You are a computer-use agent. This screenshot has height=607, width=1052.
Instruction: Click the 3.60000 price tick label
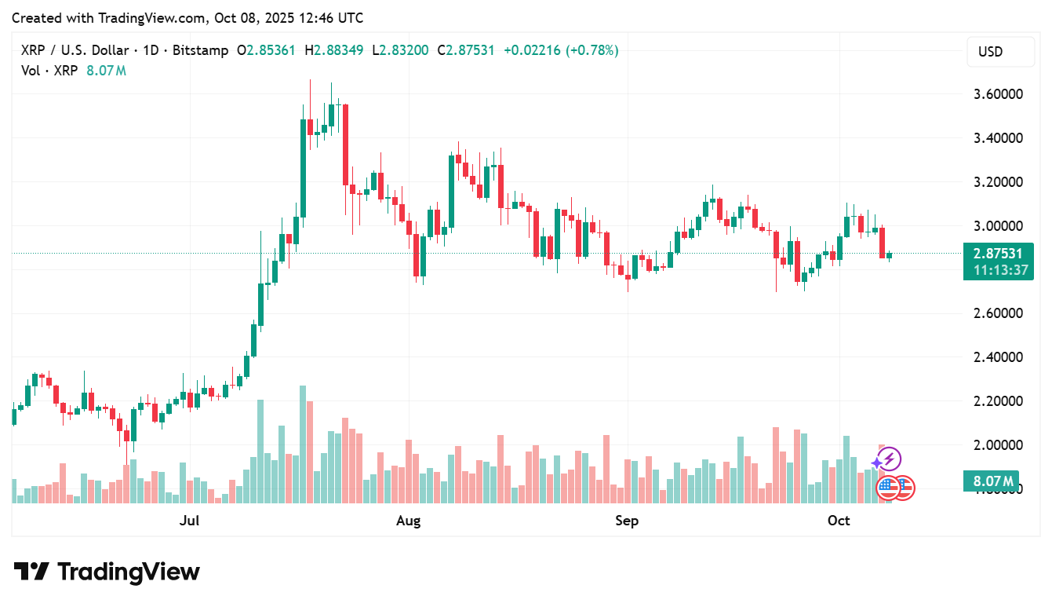(998, 94)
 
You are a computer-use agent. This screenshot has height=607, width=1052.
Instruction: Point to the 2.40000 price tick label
(998, 357)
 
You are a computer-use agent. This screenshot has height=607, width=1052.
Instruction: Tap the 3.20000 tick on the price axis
(998, 182)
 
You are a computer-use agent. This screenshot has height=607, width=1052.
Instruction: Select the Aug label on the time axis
(409, 521)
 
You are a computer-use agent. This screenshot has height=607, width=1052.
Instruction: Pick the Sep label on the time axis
(627, 521)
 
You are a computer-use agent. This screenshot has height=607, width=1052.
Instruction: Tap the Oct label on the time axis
(839, 521)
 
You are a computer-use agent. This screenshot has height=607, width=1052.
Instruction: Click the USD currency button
(990, 52)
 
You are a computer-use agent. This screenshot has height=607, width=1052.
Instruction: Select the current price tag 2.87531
(997, 254)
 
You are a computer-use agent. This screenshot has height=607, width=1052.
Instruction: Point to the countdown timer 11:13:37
(997, 270)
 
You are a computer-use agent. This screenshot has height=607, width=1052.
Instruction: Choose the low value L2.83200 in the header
(400, 50)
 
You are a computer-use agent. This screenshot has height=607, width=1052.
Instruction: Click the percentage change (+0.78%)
(594, 50)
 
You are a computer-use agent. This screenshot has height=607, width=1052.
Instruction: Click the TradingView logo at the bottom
(107, 572)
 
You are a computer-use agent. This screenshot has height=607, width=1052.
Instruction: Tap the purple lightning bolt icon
(889, 459)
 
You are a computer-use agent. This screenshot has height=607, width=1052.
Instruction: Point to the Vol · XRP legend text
(49, 71)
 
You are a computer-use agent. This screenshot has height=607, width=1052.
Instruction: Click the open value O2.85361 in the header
(266, 50)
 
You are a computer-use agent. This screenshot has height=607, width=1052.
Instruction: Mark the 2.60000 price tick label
(998, 313)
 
